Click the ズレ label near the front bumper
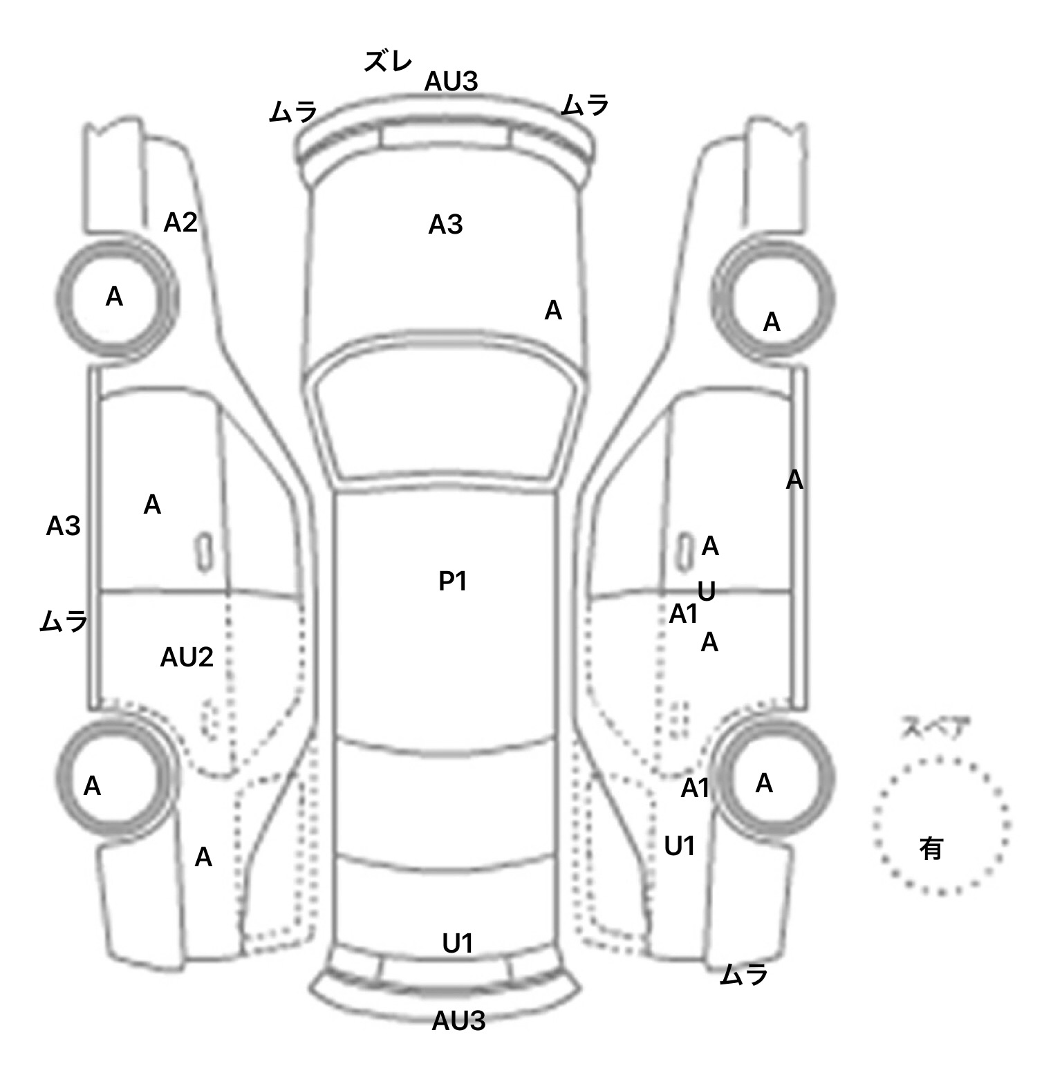(x=388, y=62)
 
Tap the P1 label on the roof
(x=453, y=581)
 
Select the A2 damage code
(x=180, y=223)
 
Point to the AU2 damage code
(x=187, y=657)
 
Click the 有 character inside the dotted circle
(x=931, y=848)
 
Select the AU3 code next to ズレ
(x=451, y=82)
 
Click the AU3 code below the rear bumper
(x=458, y=1020)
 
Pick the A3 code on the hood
(x=445, y=225)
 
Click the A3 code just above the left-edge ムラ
(x=63, y=527)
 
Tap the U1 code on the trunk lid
(x=457, y=943)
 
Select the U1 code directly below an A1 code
(x=679, y=845)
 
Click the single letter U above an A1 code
(x=706, y=592)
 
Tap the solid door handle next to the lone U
(x=684, y=552)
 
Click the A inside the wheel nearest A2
(x=114, y=297)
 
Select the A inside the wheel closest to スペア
(x=764, y=783)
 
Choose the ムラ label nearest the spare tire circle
(x=744, y=975)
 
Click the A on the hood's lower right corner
(x=553, y=311)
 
